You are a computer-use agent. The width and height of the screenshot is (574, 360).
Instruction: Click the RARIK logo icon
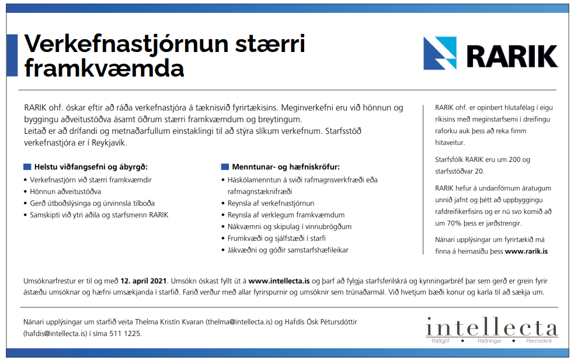click(x=441, y=53)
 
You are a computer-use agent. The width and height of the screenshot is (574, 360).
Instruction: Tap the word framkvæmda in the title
click(x=104, y=68)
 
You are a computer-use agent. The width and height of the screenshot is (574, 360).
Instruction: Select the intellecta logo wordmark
click(x=492, y=327)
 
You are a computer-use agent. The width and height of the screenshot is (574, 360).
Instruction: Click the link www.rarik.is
click(x=526, y=251)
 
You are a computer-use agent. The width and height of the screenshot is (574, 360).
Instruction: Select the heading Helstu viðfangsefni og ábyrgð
click(x=91, y=167)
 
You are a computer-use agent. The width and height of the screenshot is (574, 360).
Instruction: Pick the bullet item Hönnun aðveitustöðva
click(x=65, y=191)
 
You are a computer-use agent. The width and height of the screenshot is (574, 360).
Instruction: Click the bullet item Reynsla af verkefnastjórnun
click(x=271, y=203)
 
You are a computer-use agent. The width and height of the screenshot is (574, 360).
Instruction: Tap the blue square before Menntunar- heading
click(x=225, y=167)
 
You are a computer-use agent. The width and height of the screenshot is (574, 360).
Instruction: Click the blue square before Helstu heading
click(x=27, y=167)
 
